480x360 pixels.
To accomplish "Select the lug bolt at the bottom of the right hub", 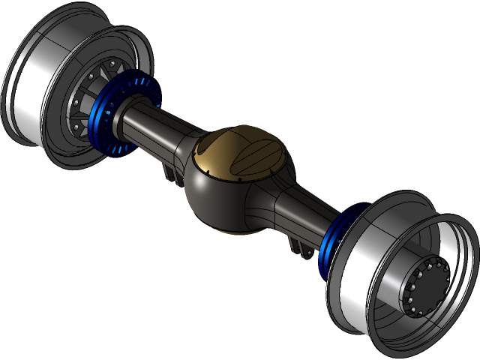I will point(417,312).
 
